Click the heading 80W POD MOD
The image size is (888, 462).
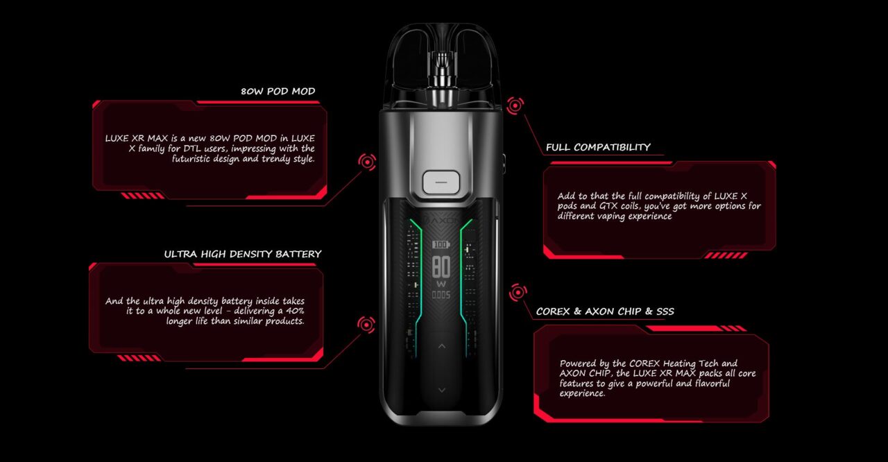tap(278, 91)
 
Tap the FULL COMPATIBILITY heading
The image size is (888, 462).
tap(598, 147)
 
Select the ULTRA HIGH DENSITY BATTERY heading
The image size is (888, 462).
tap(243, 254)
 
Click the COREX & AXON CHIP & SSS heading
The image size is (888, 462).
tap(605, 311)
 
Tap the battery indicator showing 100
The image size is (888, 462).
tap(441, 245)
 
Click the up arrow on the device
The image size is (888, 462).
tap(442, 346)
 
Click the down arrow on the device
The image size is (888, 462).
tap(442, 391)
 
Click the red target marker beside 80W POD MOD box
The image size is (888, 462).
tap(367, 162)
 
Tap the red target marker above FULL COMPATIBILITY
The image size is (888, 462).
tap(515, 106)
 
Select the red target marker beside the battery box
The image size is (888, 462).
tap(366, 325)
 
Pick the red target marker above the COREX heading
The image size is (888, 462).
tap(518, 293)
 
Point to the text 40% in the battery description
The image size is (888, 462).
tap(295, 311)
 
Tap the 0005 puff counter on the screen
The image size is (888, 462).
tap(441, 296)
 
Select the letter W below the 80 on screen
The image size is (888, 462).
tap(441, 284)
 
